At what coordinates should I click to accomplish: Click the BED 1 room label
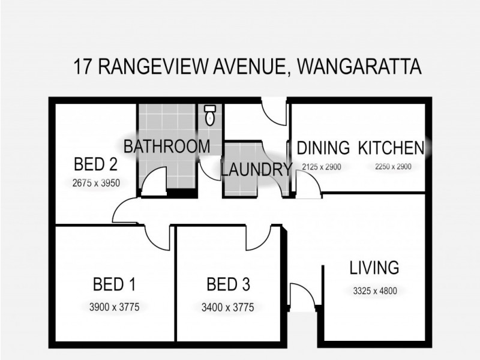[114, 283]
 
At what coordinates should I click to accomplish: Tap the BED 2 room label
[95, 164]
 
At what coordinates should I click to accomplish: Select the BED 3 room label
[228, 283]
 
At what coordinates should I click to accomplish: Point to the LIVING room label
[374, 267]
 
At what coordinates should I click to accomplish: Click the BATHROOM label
[167, 146]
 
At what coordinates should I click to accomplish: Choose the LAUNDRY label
[256, 170]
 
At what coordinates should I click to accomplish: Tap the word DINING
[323, 148]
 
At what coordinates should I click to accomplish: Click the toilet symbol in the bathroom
[209, 115]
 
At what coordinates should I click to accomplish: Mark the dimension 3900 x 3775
[114, 307]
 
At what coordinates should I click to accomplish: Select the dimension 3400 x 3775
[228, 308]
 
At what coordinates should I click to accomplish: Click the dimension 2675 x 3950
[95, 183]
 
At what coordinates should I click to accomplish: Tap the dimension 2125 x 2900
[322, 167]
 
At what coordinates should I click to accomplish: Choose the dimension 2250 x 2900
[392, 167]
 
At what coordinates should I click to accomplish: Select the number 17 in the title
[83, 67]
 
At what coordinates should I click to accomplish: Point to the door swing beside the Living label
[301, 294]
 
